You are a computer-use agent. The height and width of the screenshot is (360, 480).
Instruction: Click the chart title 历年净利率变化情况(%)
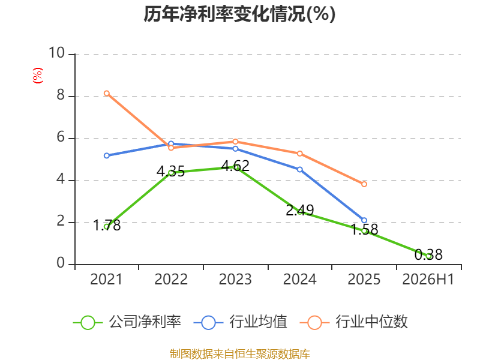239,14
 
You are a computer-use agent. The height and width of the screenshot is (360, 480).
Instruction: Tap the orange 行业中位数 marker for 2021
107,94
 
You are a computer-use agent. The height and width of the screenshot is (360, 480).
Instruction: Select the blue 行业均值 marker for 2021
107,156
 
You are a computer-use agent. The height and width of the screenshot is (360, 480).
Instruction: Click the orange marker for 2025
364,184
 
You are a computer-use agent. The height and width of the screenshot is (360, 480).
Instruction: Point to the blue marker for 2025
364,220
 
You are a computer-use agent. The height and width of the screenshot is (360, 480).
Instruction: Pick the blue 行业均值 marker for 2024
299,170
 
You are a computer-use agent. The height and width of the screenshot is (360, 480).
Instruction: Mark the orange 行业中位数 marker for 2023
235,142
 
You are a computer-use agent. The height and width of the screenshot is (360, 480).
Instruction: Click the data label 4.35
170,171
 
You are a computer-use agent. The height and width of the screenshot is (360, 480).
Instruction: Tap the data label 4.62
235,166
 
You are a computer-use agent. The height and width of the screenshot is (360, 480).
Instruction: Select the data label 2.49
299,211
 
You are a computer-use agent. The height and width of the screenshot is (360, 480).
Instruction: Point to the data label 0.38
428,254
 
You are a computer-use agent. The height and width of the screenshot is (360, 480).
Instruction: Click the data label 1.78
107,226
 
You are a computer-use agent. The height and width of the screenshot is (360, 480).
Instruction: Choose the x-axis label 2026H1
428,279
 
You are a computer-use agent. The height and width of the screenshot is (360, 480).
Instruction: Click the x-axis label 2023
235,279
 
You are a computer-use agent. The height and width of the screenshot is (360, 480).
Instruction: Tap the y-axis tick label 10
56,53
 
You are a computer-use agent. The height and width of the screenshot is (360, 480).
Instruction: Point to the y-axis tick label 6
61,137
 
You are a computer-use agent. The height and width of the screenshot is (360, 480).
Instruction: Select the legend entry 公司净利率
127,322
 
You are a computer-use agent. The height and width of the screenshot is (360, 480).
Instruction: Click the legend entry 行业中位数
353,322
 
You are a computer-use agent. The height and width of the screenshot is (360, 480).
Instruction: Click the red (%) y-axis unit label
38,76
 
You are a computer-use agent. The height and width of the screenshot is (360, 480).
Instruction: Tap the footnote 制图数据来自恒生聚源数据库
239,354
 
